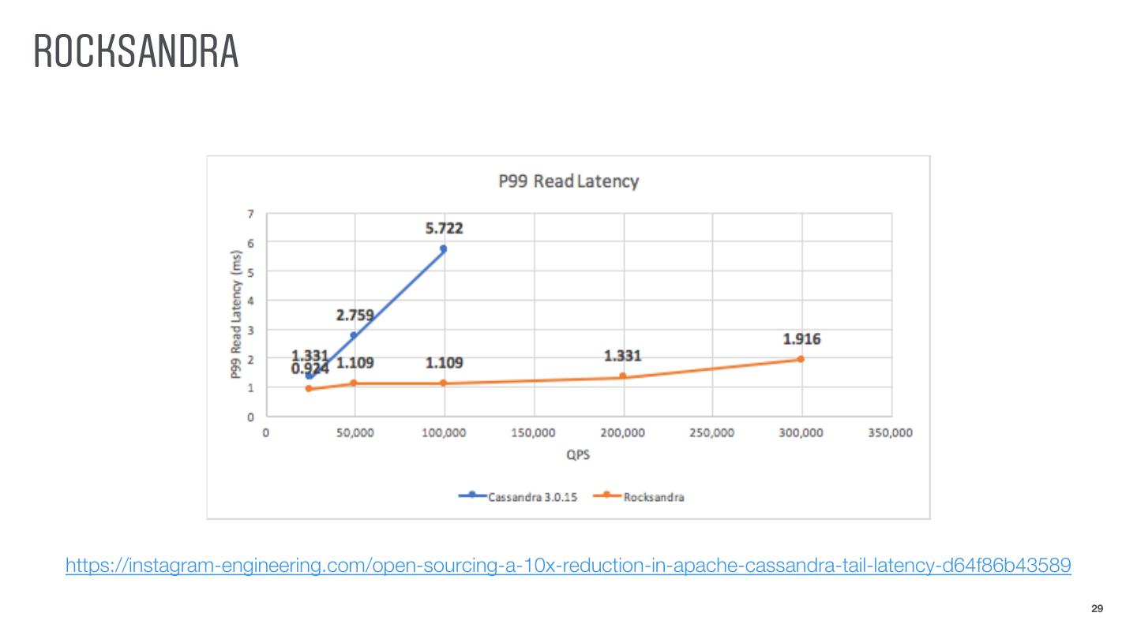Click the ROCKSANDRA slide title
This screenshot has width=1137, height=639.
click(136, 52)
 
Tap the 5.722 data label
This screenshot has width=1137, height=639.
click(444, 229)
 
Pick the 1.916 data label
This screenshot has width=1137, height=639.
click(801, 339)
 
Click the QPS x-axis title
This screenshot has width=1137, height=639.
click(580, 455)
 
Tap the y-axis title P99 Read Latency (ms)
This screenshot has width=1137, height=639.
click(236, 315)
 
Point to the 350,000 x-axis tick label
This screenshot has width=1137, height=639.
click(891, 433)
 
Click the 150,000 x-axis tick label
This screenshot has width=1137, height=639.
click(534, 433)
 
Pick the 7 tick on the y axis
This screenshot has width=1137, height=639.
click(251, 214)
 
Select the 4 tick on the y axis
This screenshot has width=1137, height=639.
click(251, 301)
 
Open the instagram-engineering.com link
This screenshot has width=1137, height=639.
click(568, 566)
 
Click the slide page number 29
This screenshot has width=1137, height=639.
click(1097, 608)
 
